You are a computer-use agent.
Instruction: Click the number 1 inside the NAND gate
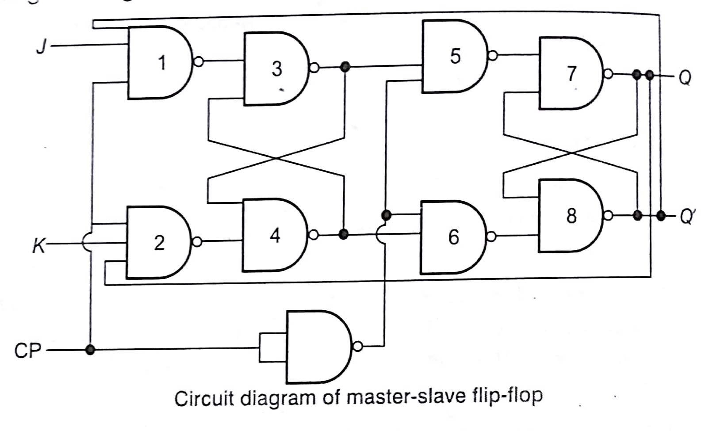[162, 63]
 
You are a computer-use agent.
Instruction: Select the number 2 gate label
[159, 243]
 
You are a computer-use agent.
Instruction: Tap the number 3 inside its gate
[277, 69]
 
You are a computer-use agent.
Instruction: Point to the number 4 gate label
[275, 236]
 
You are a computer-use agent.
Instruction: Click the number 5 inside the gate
[455, 56]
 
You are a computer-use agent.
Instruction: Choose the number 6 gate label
[454, 237]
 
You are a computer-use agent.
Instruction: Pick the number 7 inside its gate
[572, 74]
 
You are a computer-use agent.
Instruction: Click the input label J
[42, 46]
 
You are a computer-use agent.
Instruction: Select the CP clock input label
[27, 351]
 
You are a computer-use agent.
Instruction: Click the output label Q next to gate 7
[685, 78]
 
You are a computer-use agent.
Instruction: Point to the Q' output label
[687, 217]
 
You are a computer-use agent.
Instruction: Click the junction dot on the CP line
[90, 350]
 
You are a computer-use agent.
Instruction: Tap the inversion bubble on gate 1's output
[199, 62]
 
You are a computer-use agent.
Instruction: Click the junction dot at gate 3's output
[345, 67]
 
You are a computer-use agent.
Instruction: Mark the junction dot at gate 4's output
[343, 234]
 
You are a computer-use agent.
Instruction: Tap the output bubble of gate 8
[608, 215]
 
